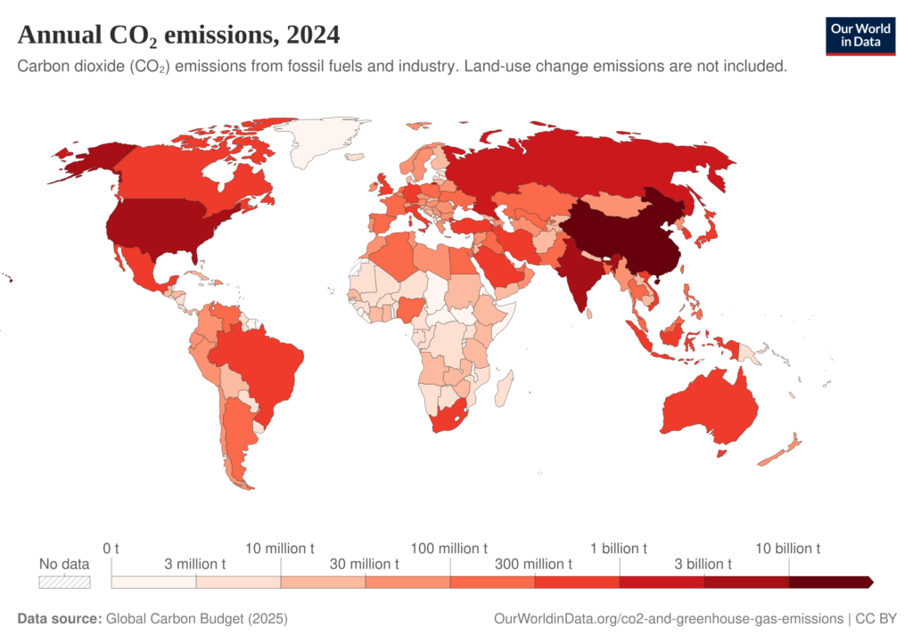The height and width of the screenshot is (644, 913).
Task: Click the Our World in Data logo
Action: point(860,36)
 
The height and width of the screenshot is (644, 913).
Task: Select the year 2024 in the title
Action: point(313,35)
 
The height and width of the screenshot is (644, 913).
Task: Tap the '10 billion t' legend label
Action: point(787,548)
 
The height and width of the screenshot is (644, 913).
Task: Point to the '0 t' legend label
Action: point(111,548)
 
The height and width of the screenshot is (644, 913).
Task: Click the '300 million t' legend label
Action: point(533,564)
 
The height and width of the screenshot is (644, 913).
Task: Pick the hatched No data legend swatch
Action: point(64,582)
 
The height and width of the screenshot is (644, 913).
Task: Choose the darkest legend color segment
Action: point(831,582)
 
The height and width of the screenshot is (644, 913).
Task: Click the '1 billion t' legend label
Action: point(619,548)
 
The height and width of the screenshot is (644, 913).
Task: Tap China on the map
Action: point(626,232)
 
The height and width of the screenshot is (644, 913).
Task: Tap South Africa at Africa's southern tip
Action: point(448,416)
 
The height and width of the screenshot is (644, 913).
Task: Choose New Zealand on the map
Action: point(781,450)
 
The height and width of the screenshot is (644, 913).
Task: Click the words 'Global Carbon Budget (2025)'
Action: point(197,618)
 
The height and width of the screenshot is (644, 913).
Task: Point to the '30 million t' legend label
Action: point(364,564)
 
